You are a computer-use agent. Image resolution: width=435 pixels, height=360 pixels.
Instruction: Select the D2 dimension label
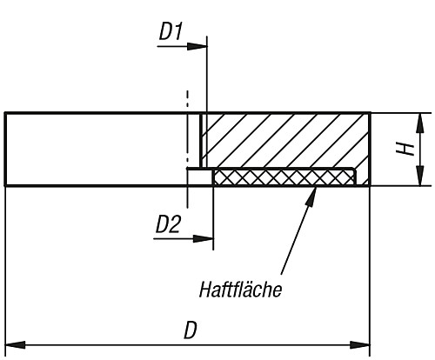(169, 225)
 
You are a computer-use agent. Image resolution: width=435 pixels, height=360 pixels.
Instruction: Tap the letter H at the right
(405, 149)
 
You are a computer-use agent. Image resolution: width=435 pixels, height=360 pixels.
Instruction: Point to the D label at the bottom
(189, 330)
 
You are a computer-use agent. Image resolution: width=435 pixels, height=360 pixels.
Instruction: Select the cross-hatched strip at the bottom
(283, 177)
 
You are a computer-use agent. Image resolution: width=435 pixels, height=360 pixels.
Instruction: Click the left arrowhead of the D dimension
(11, 346)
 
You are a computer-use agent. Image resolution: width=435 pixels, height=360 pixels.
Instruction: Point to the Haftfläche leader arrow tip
(311, 189)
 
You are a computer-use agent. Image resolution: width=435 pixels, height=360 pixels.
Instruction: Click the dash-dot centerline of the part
(187, 130)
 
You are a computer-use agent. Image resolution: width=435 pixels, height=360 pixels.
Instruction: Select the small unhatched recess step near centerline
(199, 177)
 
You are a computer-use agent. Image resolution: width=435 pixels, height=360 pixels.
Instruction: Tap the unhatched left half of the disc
(96, 149)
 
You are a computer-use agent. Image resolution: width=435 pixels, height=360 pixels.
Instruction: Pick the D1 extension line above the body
(206, 78)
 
